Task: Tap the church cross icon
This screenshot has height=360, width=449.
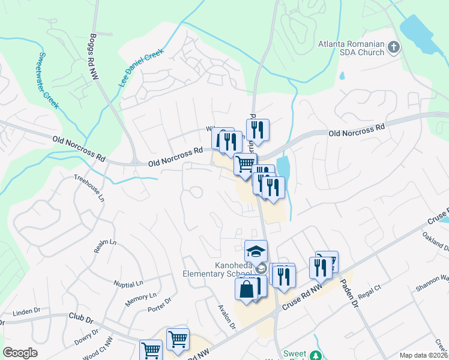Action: click(394, 46)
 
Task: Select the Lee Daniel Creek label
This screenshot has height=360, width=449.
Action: click(141, 68)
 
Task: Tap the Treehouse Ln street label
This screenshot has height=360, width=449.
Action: click(89, 188)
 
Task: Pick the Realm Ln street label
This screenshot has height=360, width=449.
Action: click(104, 246)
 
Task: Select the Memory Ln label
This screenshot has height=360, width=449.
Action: click(140, 299)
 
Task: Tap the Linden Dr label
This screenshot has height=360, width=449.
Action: click(26, 311)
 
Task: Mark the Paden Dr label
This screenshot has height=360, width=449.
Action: click(349, 292)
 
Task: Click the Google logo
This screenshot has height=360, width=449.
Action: click(20, 353)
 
